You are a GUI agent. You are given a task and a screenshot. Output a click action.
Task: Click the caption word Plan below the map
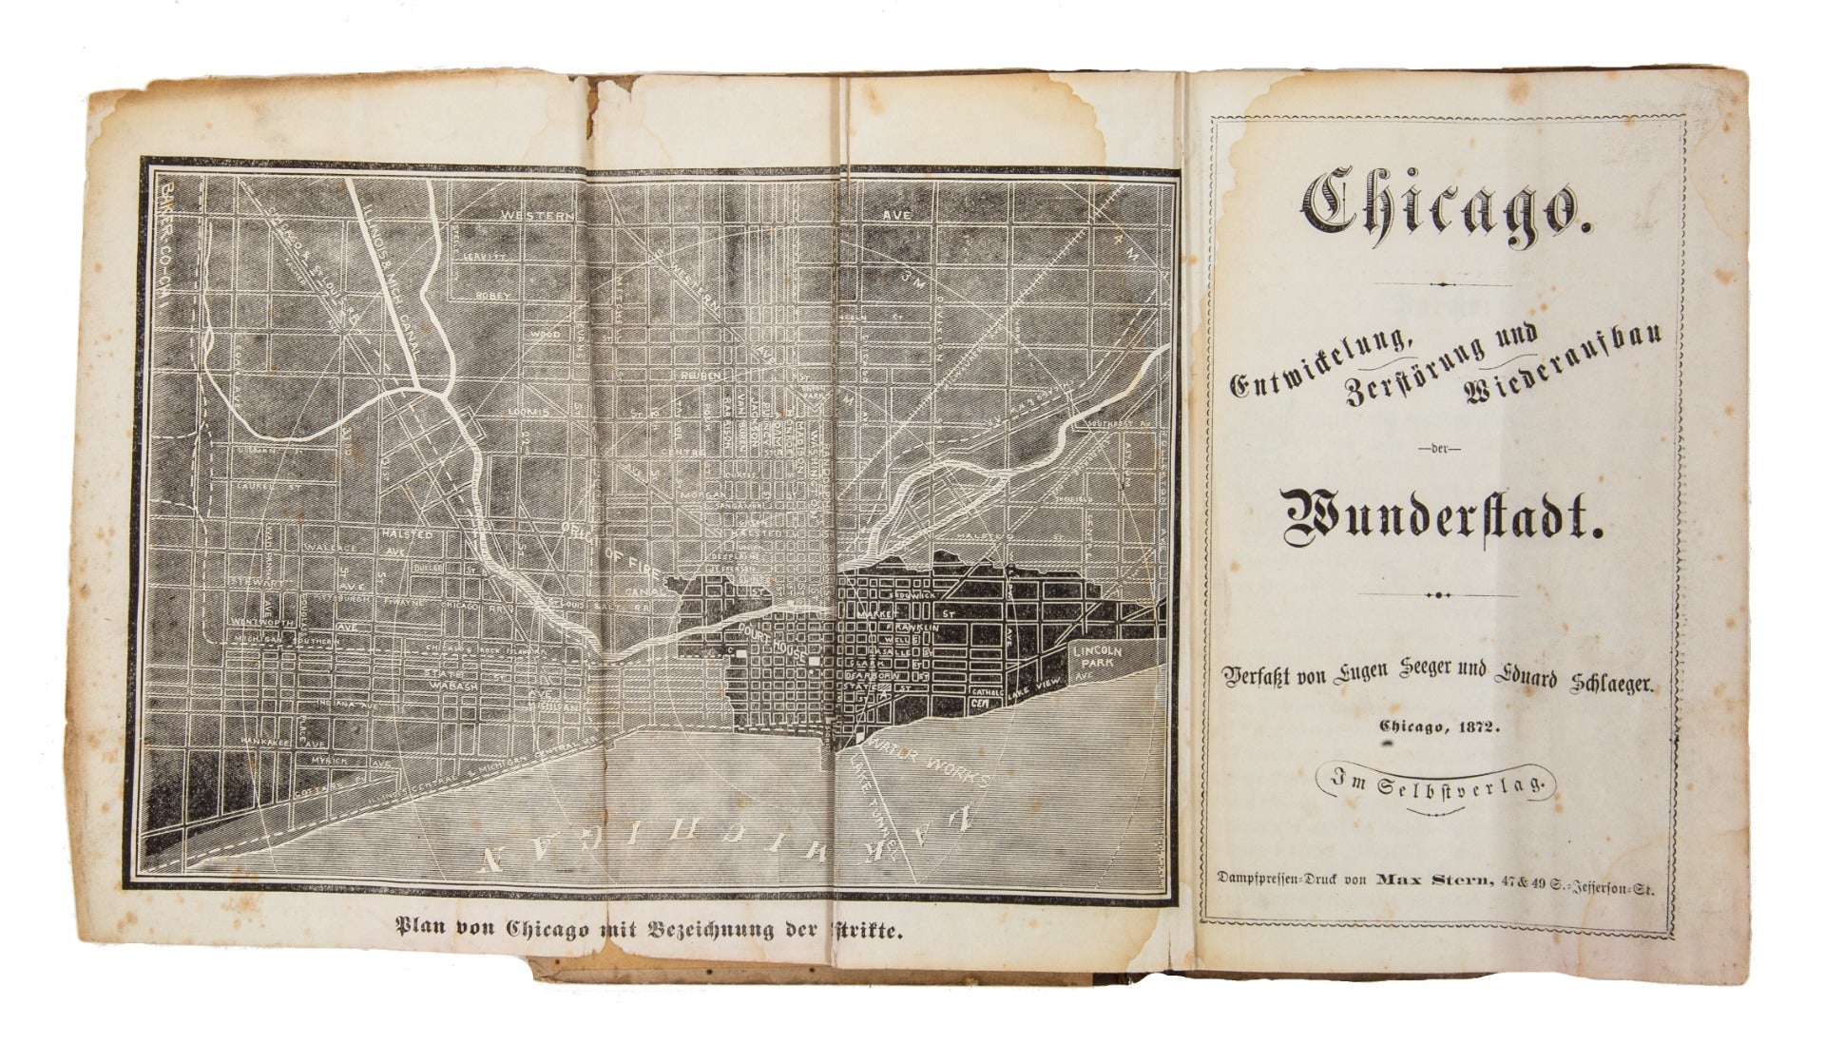(420, 927)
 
